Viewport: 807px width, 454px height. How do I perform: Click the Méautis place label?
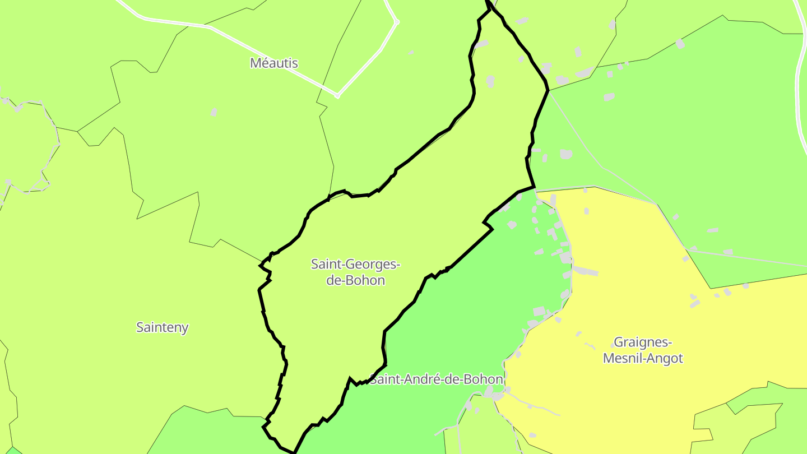coord(273,63)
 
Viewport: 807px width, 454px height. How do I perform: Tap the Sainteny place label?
coord(162,328)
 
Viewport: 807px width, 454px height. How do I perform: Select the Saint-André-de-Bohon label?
coord(436,379)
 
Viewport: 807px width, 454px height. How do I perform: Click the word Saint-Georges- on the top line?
coord(356,263)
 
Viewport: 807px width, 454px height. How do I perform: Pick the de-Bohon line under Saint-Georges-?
coord(356,280)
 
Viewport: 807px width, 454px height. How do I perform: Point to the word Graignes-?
coord(643,342)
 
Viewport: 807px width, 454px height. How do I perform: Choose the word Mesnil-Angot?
coord(643,358)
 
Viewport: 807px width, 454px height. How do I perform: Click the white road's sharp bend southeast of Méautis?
coord(337,96)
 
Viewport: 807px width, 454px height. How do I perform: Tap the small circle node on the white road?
coord(397,22)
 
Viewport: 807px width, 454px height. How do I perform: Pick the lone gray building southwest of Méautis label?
coord(214,112)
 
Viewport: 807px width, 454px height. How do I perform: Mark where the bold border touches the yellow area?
coord(535,189)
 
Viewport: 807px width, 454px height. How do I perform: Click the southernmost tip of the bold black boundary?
coord(294,452)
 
